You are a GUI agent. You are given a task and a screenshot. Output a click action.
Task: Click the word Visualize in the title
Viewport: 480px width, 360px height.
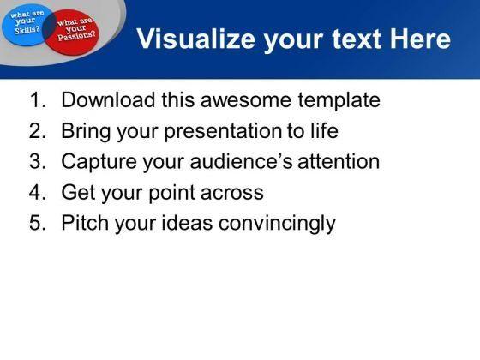(x=196, y=39)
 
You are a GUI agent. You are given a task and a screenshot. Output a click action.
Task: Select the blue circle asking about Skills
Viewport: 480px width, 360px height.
(x=26, y=25)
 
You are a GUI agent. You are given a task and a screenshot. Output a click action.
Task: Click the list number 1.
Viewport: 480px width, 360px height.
(x=38, y=100)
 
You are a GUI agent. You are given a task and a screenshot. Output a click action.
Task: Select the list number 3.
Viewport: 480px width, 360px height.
(x=38, y=161)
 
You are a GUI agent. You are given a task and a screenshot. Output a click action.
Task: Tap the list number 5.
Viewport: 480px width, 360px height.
(x=38, y=223)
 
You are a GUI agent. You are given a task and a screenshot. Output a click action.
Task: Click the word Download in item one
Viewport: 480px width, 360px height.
(x=108, y=99)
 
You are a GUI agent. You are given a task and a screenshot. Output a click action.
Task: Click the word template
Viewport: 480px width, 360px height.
(x=339, y=101)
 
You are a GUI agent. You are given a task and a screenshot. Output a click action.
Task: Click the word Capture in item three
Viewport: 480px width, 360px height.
(x=99, y=162)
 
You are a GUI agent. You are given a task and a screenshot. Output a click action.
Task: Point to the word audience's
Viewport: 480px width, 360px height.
(x=241, y=161)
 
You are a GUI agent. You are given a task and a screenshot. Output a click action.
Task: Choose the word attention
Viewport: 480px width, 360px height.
(x=339, y=161)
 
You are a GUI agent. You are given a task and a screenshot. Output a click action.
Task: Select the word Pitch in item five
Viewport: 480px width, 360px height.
(x=85, y=222)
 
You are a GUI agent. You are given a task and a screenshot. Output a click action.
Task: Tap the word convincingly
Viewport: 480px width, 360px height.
(x=277, y=224)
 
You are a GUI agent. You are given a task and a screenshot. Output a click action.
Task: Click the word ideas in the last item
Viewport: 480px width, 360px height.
(x=187, y=222)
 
